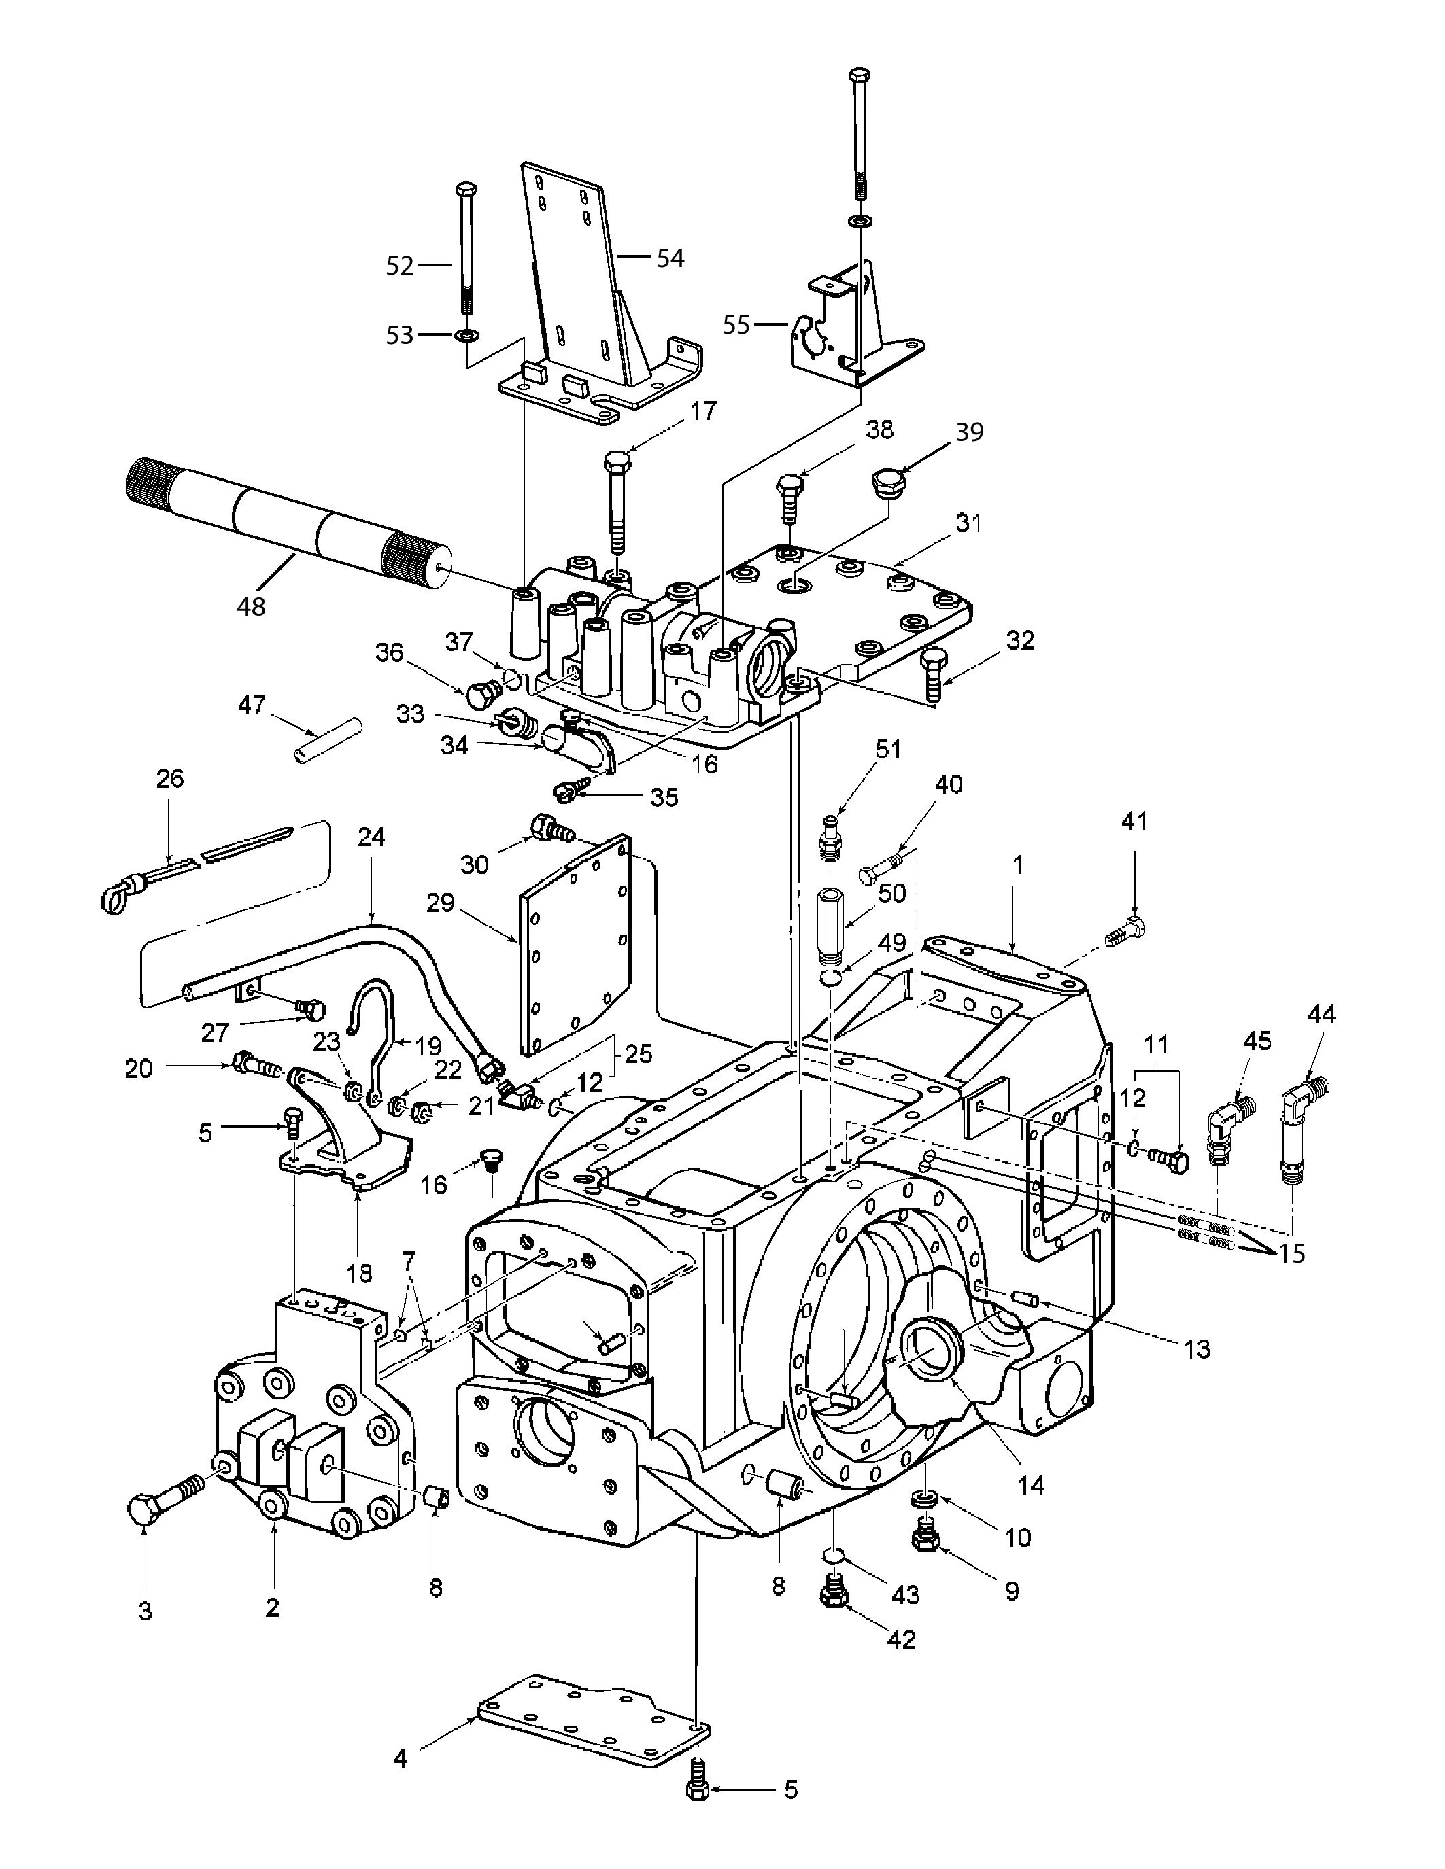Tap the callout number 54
[x=670, y=258]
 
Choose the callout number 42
[x=902, y=1638]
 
